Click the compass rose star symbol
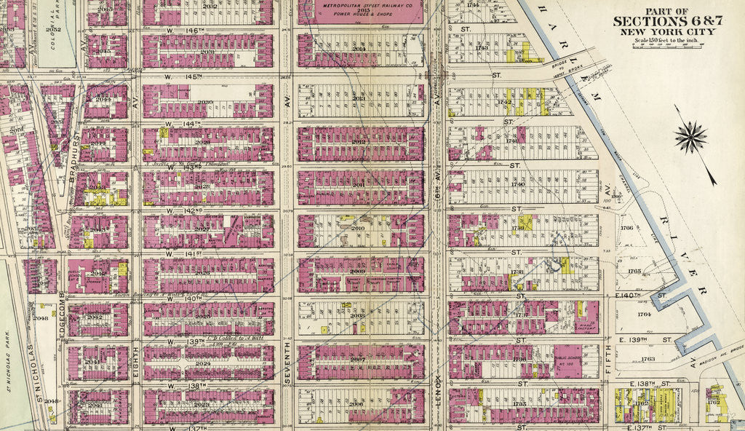click(691, 136)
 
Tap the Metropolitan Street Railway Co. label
click(362, 9)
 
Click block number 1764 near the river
click(644, 315)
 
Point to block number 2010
click(357, 229)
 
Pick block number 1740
click(518, 184)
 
